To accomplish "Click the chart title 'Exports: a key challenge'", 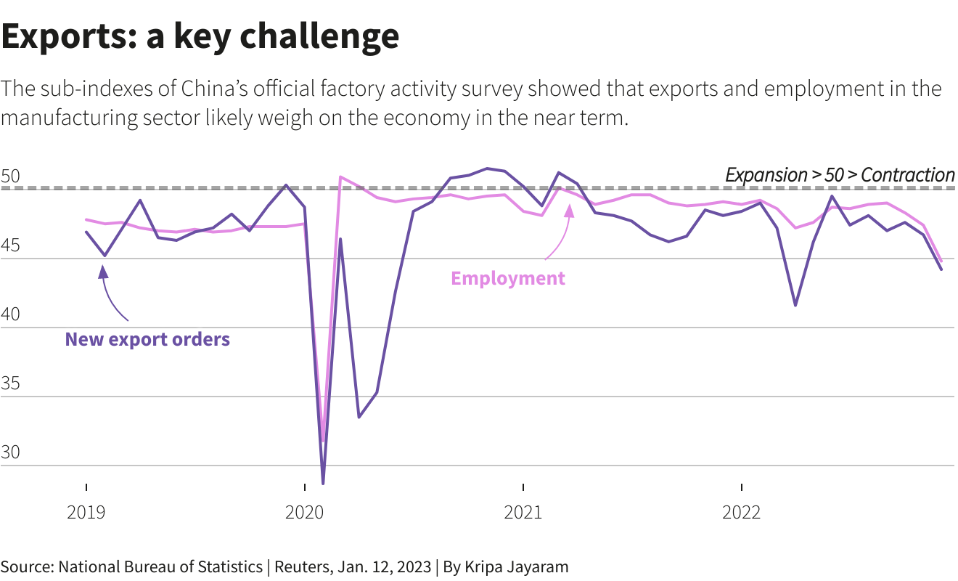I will pyautogui.click(x=200, y=36).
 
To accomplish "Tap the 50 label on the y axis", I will pyautogui.click(x=12, y=176).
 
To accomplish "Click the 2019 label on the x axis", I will pyautogui.click(x=86, y=513).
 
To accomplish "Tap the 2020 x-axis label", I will pyautogui.click(x=305, y=513).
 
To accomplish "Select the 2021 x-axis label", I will pyautogui.click(x=523, y=513).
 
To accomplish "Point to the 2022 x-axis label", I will pyautogui.click(x=742, y=513).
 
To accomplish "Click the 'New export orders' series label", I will pyautogui.click(x=147, y=339).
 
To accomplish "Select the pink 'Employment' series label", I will pyautogui.click(x=508, y=278).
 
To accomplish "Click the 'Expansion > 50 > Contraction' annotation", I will pyautogui.click(x=840, y=175).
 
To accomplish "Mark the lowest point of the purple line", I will pyautogui.click(x=323, y=483).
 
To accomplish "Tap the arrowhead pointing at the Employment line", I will pyautogui.click(x=569, y=210).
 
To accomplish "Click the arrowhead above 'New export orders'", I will pyautogui.click(x=103, y=272).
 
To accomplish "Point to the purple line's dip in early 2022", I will pyautogui.click(x=795, y=305).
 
